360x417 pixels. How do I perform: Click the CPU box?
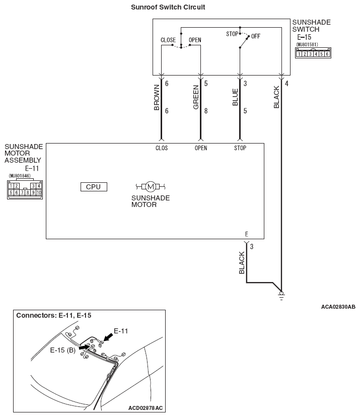[94, 187]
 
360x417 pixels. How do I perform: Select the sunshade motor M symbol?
[151, 186]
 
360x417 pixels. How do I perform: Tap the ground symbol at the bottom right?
[281, 296]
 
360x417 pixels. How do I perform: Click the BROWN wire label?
[157, 97]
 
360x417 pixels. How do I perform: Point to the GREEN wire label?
[196, 97]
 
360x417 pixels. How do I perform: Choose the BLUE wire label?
[235, 97]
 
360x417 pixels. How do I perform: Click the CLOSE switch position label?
[168, 40]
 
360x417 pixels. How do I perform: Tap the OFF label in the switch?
[255, 36]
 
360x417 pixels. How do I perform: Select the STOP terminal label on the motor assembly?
[240, 148]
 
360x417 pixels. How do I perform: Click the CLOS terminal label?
[162, 148]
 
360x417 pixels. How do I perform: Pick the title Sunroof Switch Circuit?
[168, 7]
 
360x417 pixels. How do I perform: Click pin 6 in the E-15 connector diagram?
[327, 54]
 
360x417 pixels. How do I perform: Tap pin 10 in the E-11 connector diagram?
[39, 192]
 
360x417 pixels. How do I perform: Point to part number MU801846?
[20, 176]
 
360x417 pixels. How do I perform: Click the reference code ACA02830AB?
[338, 307]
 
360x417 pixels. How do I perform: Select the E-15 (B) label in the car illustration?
[63, 350]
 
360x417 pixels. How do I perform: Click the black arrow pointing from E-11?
[108, 337]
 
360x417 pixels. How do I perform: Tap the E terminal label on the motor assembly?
[247, 234]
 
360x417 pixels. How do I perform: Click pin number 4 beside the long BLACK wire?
[286, 84]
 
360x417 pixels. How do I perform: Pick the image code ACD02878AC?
[146, 408]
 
